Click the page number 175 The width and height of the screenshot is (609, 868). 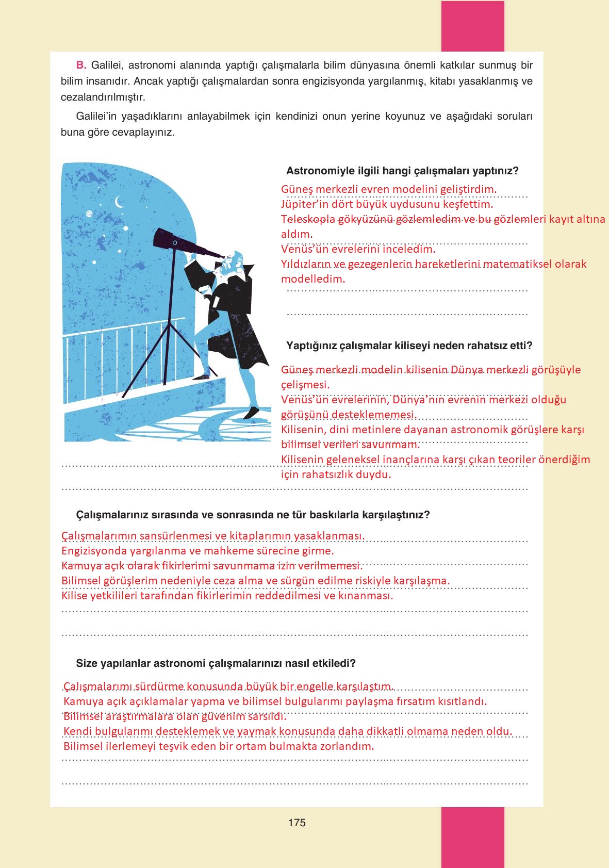pyautogui.click(x=297, y=823)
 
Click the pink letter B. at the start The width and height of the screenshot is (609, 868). pyautogui.click(x=81, y=65)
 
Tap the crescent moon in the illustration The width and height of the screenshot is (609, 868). pyautogui.click(x=120, y=201)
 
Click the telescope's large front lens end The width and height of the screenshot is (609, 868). pyautogui.click(x=159, y=237)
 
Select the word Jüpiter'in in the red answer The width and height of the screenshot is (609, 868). pyautogui.click(x=304, y=204)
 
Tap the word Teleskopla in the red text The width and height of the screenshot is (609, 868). pyautogui.click(x=308, y=219)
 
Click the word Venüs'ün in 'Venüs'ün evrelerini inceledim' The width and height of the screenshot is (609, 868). pyautogui.click(x=301, y=249)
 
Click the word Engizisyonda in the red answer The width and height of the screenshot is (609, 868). pyautogui.click(x=94, y=550)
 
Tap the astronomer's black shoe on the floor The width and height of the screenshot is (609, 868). pyautogui.click(x=251, y=413)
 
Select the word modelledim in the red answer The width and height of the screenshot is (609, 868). pyautogui.click(x=312, y=279)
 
